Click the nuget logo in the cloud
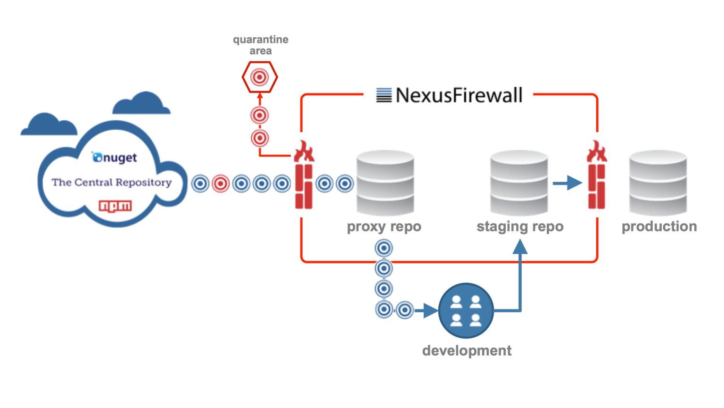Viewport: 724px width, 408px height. point(115,158)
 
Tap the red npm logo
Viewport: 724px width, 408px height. point(115,206)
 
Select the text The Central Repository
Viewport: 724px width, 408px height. point(112,183)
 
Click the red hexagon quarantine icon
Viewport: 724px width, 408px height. point(260,77)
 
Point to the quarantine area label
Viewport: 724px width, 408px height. point(261,45)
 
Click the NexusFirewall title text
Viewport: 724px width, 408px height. point(459,95)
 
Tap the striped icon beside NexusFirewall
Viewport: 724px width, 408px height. point(384,95)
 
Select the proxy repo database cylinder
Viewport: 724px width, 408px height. point(385,183)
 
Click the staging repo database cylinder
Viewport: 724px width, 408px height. point(519,183)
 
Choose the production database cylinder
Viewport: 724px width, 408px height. point(658,183)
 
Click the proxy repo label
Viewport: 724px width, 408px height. point(384,227)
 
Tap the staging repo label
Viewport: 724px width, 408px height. point(520,227)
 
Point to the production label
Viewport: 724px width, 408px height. point(659,226)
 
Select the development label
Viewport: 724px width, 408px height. point(467,351)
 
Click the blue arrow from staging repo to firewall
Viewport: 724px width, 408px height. point(567,183)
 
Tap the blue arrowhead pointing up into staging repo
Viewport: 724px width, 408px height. point(520,247)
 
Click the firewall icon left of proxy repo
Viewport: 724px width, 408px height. point(304,175)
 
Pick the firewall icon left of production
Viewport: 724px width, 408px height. point(597,175)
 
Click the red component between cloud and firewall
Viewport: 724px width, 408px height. point(221,184)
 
